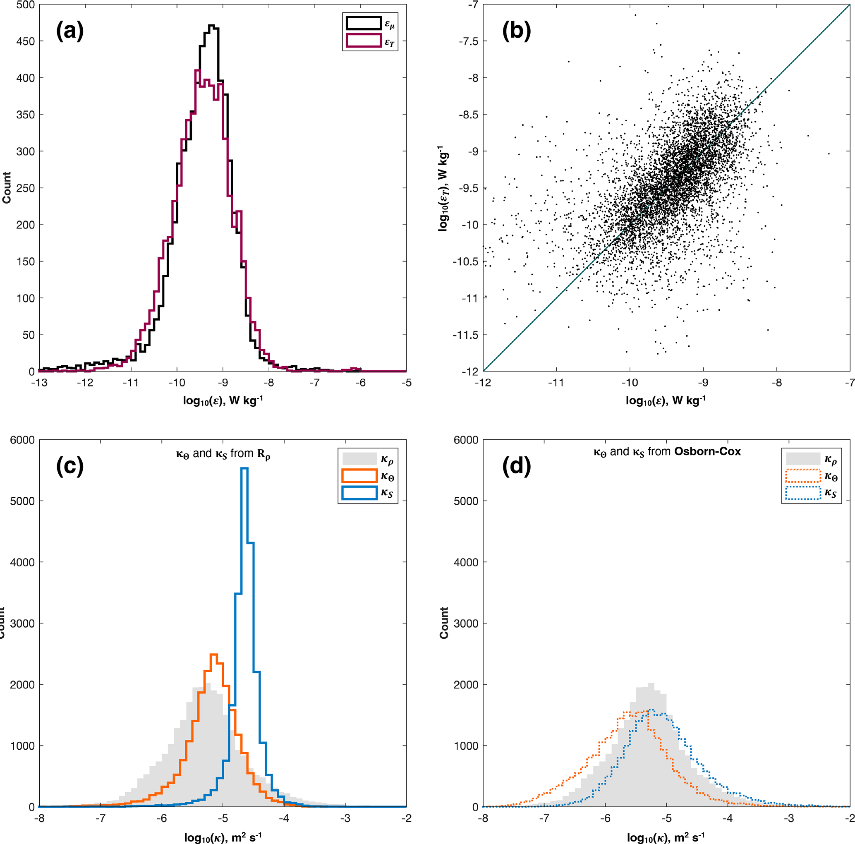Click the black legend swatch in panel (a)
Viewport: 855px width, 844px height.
click(x=363, y=24)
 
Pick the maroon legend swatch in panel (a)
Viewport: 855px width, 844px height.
click(x=363, y=41)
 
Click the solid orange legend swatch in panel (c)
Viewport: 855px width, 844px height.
click(x=359, y=476)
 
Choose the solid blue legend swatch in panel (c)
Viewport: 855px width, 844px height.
click(x=359, y=493)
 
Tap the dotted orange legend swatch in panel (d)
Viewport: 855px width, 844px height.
click(x=803, y=476)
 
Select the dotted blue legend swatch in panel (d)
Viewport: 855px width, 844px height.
click(x=803, y=493)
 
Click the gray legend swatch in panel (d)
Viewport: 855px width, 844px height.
click(x=803, y=458)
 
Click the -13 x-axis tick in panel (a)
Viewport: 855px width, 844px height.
click(x=39, y=383)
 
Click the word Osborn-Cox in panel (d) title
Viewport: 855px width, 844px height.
click(x=707, y=451)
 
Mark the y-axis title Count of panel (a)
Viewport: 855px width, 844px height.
click(x=6, y=188)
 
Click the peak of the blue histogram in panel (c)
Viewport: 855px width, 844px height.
click(x=244, y=468)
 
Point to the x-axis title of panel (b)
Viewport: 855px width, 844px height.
click(x=665, y=400)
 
